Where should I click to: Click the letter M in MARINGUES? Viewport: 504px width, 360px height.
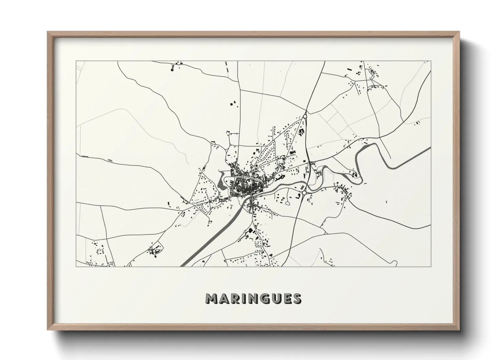[212, 299]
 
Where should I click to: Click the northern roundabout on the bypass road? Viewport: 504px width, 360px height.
[305, 116]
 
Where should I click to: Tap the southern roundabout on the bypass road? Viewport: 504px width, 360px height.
[304, 193]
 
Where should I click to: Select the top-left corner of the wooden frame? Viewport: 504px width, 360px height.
[47, 32]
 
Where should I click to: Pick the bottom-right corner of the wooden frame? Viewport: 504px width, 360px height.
[459, 330]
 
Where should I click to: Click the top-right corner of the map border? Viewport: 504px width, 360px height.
[431, 61]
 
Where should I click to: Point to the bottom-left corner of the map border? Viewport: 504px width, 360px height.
[76, 266]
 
